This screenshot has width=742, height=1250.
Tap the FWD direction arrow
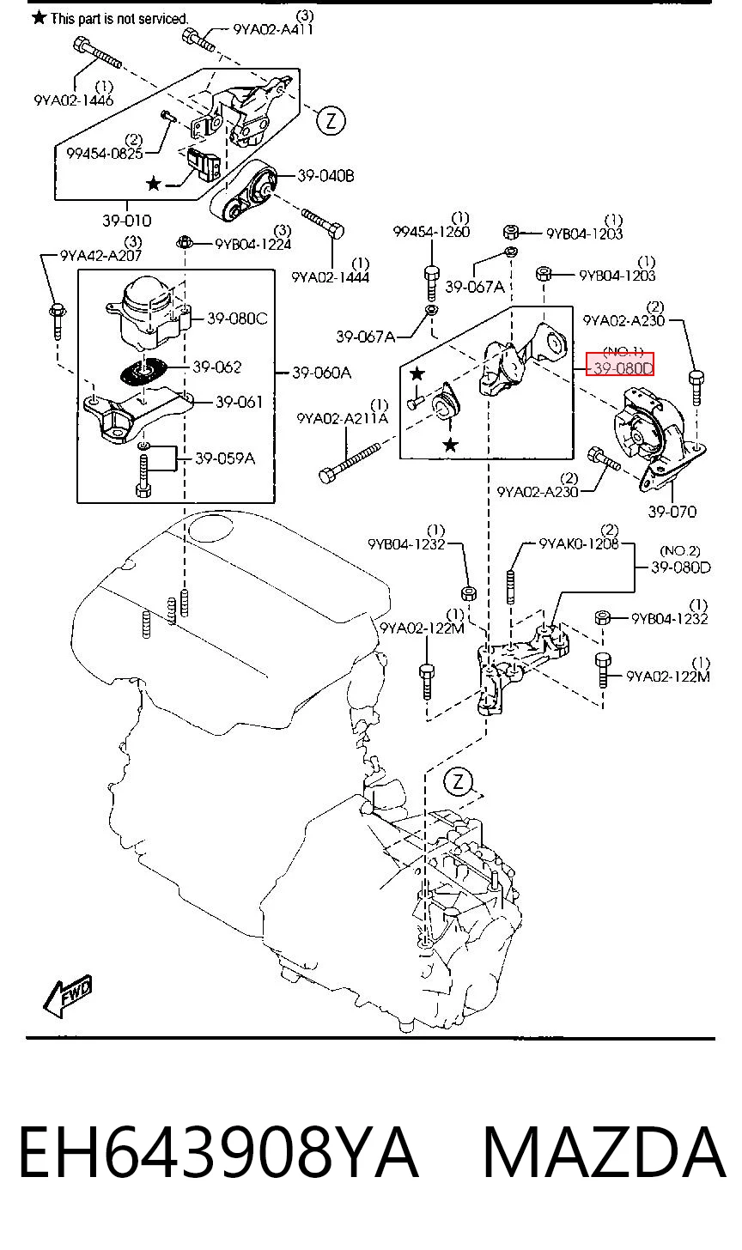tap(68, 996)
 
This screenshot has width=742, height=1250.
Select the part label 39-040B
tap(325, 176)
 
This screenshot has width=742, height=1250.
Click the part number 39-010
tap(127, 221)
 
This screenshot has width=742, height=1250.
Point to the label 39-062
tap(217, 367)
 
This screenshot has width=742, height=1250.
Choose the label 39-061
tap(239, 402)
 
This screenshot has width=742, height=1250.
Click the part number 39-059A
tap(224, 458)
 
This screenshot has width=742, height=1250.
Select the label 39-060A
tap(321, 373)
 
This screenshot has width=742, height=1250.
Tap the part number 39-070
tap(672, 511)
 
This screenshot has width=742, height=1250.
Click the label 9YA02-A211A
tap(343, 418)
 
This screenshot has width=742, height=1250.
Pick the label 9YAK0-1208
tap(579, 543)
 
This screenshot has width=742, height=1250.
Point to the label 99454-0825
tap(105, 153)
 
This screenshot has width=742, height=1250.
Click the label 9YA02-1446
tap(74, 100)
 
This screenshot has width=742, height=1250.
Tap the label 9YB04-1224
tap(253, 244)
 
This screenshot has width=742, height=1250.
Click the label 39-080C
tap(237, 318)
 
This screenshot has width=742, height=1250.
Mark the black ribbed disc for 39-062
tap(143, 369)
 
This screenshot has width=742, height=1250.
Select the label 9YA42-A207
tap(100, 256)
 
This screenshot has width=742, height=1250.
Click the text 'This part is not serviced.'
tap(119, 19)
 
